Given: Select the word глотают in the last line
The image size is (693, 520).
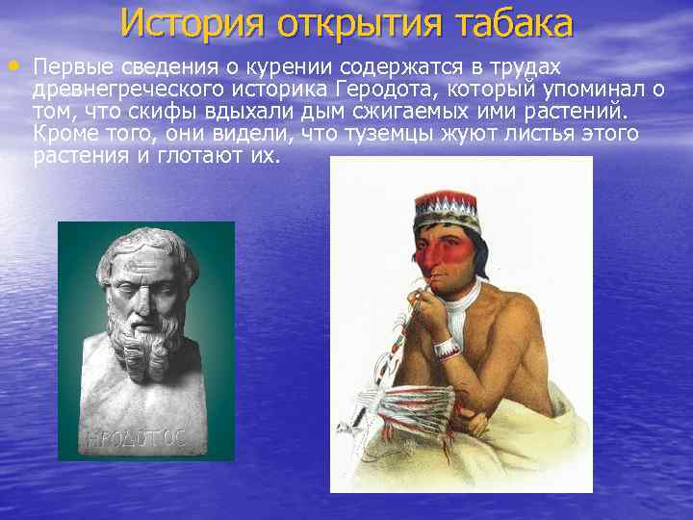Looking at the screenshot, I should (x=188, y=155).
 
